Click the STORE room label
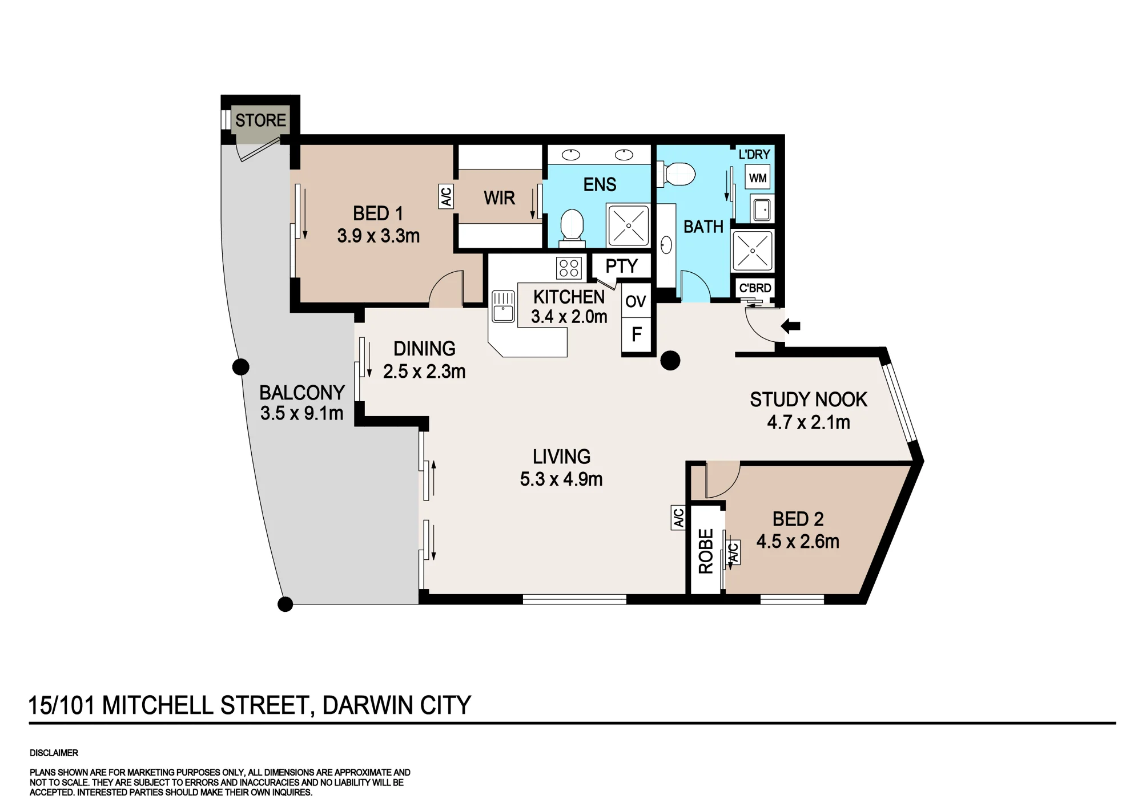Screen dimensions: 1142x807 pos(260,120)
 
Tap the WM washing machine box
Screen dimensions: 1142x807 pos(758,178)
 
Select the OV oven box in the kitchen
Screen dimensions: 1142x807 pos(636,301)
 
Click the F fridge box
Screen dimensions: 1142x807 pos(636,335)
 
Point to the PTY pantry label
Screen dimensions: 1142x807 pos(621,267)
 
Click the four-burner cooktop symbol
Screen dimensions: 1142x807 pos(569,268)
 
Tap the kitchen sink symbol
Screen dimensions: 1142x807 pos(503,306)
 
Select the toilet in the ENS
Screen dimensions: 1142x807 pos(572,227)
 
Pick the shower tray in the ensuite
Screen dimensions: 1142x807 pos(629,225)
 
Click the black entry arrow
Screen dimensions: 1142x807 pos(790,326)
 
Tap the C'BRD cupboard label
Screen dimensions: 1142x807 pos(755,288)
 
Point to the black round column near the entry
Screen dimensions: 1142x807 pos(670,361)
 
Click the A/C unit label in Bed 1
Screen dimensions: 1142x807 pos(446,196)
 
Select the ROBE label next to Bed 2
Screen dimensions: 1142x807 pos(706,551)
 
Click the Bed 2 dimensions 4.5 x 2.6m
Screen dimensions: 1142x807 pos(798,542)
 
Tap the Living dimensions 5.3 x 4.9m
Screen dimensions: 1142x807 pos(561,479)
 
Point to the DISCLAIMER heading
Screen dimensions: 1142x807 pos(54,753)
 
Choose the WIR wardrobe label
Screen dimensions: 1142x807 pos(500,198)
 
